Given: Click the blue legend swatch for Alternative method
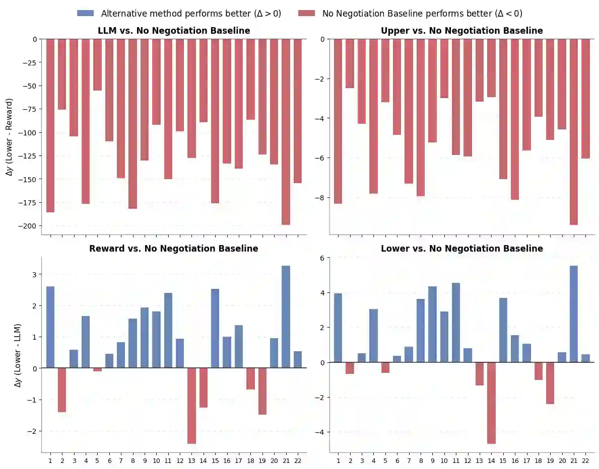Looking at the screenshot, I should pos(86,14).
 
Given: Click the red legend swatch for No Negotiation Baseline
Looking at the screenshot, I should pos(307,14).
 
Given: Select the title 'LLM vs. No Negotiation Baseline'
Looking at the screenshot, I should pos(174,31).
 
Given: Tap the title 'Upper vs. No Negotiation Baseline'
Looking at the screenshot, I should pos(461,31).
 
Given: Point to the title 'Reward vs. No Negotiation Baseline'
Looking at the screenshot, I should pos(174,249).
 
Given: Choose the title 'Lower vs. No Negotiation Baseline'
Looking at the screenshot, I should pos(461,249).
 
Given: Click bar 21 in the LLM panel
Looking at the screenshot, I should pos(286,131).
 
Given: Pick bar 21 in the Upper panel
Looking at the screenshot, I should pos(573,131).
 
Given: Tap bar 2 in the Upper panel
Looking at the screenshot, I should pos(350,63).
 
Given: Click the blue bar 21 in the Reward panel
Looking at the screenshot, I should pos(286,317).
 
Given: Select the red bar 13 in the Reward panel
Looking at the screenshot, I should pos(191,406).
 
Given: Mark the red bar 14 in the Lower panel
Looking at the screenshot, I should pos(491,403).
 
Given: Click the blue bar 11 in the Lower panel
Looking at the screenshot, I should pos(456,323).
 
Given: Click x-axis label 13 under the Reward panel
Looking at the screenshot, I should pos(191,460).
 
